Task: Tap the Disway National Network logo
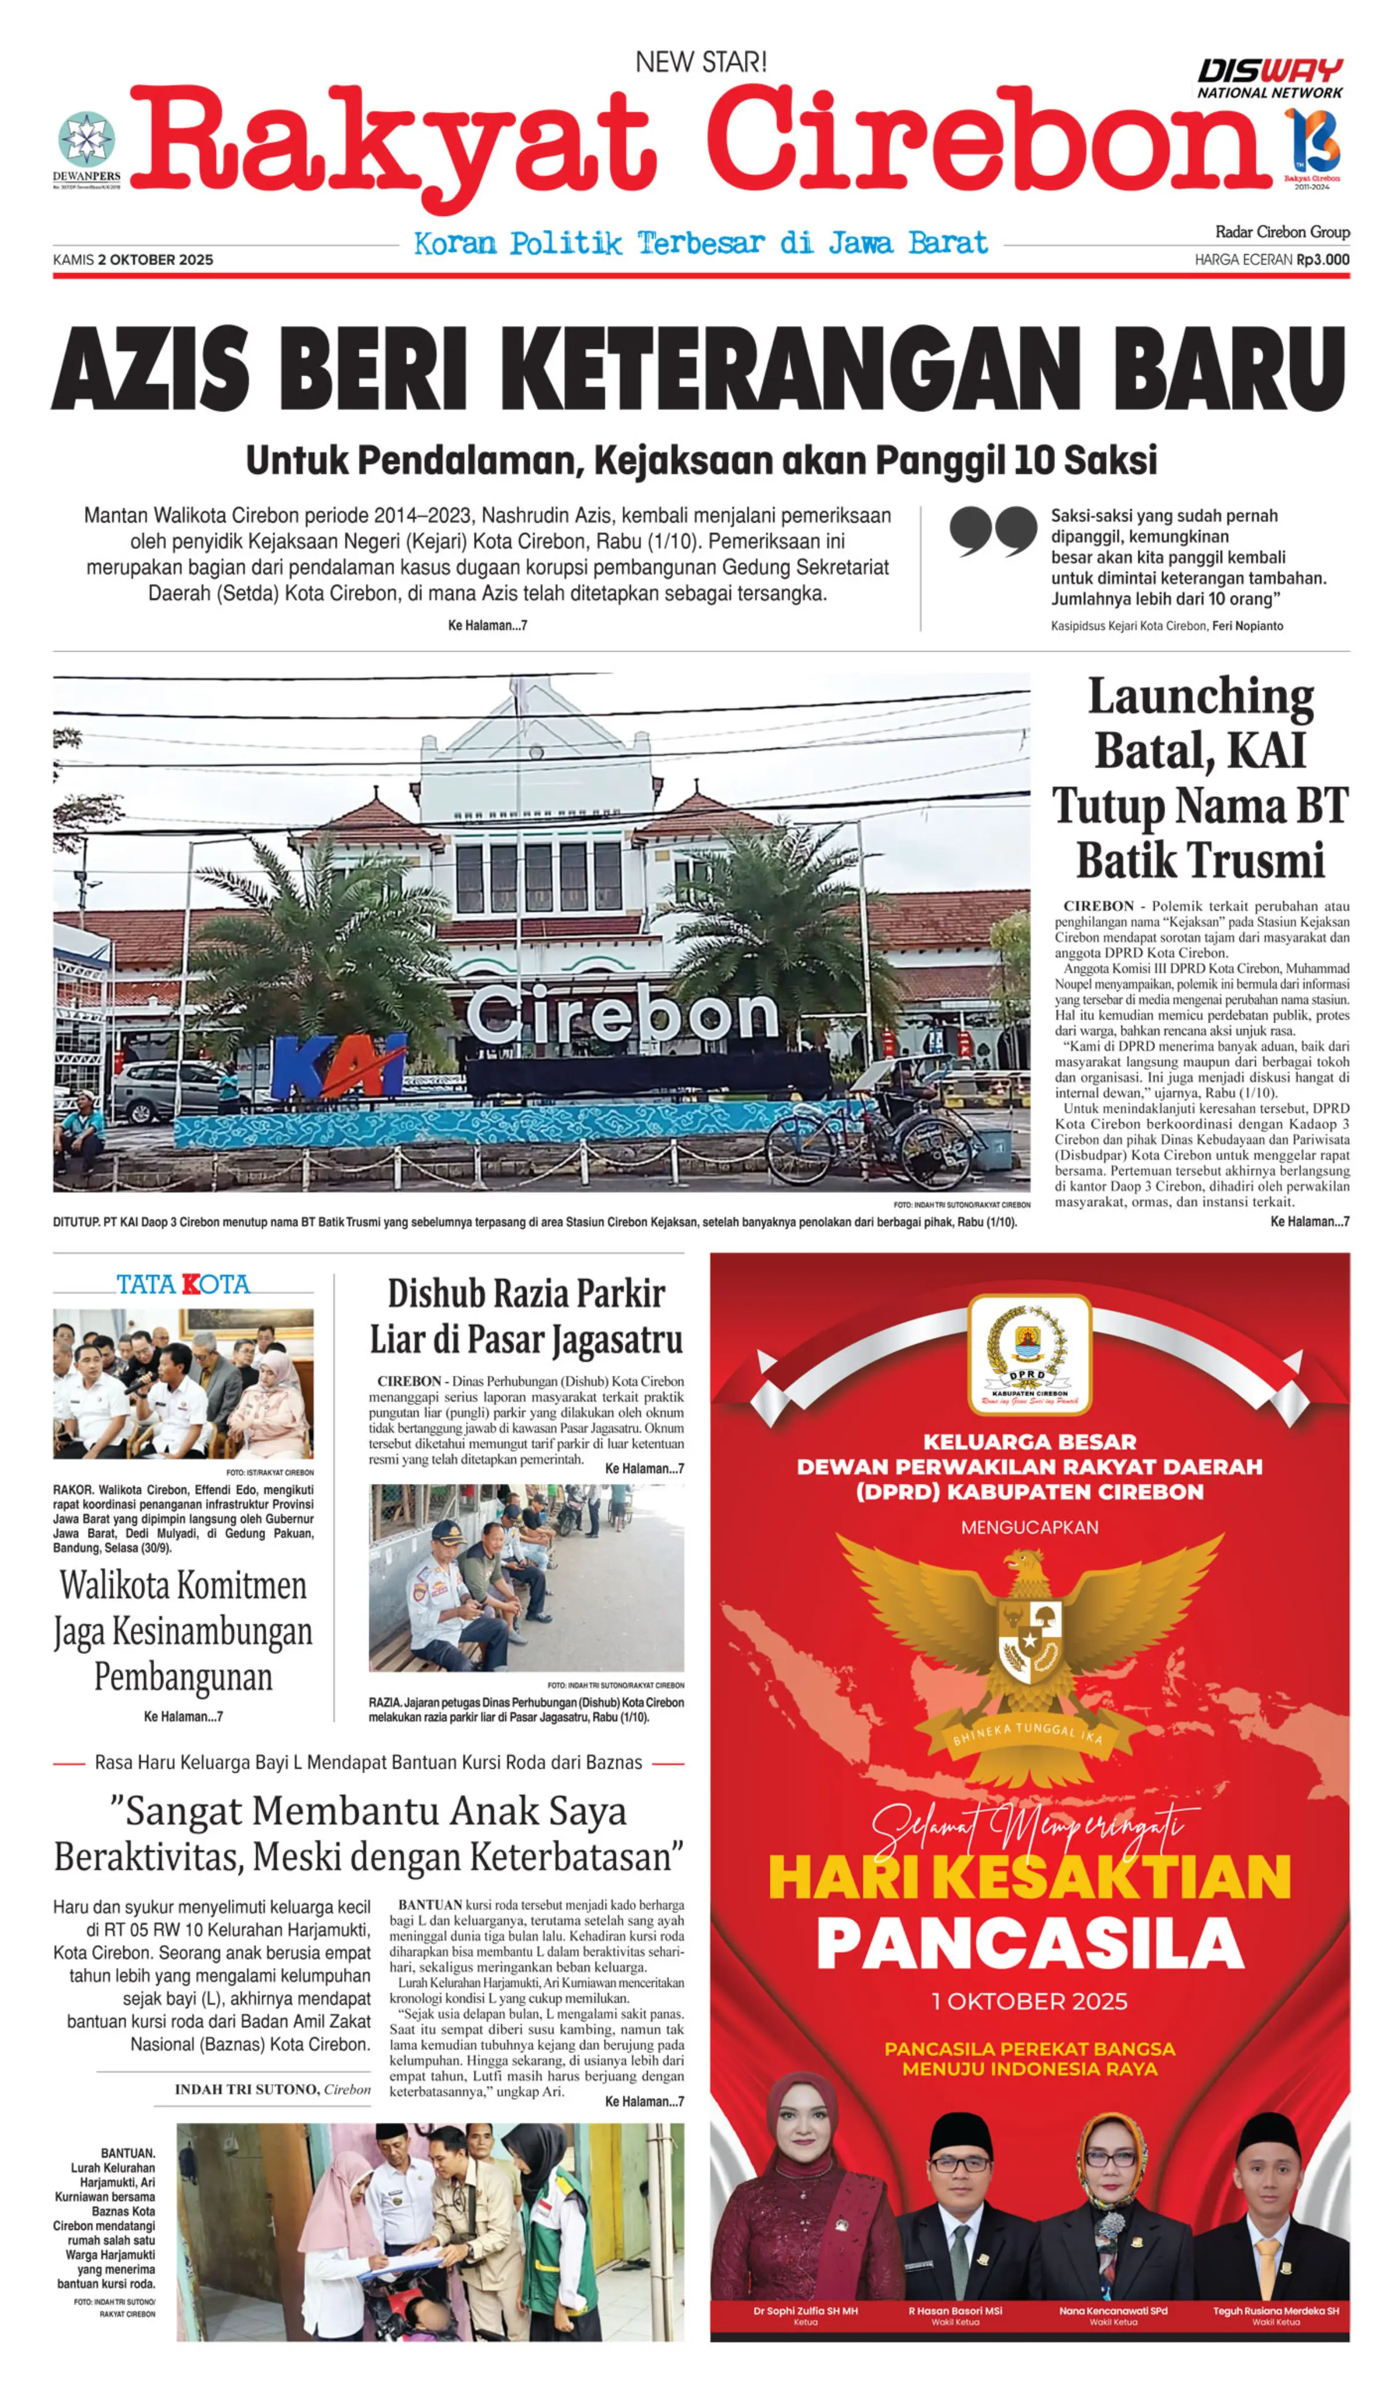pos(1269,79)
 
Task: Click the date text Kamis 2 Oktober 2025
pos(133,260)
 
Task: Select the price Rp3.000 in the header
pos(1323,260)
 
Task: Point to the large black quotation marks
pos(992,531)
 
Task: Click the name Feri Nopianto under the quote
pos(1247,626)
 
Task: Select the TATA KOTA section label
pos(183,1285)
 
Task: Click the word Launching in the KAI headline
pos(1200,697)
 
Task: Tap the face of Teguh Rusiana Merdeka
pos(1274,2175)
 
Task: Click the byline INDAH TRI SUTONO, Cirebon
pos(272,2090)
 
